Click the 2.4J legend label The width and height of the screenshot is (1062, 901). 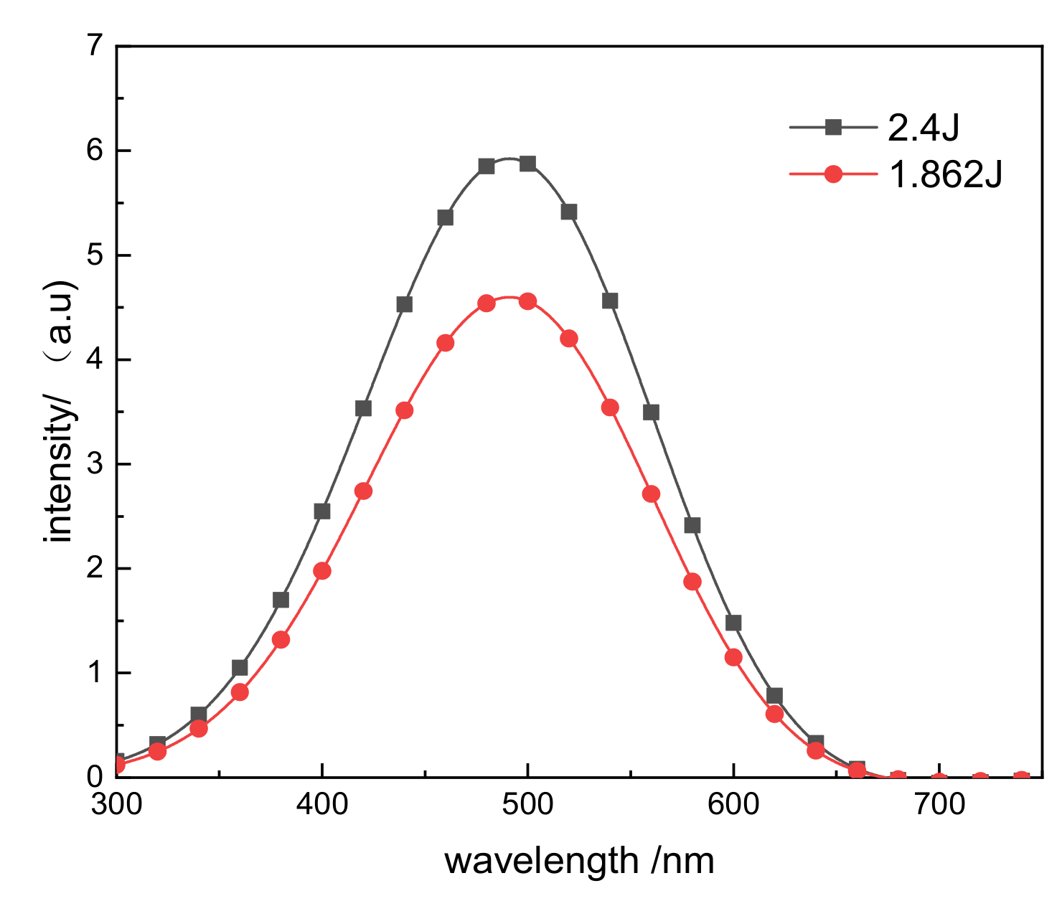tap(924, 128)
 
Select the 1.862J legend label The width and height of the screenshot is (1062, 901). tap(945, 174)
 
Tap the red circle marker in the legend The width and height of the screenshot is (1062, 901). tap(833, 174)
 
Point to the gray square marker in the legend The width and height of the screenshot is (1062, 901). tap(833, 128)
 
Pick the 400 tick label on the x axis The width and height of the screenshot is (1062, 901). tap(322, 805)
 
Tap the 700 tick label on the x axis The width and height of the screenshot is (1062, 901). tap(939, 805)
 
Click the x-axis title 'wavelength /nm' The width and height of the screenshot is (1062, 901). tap(579, 861)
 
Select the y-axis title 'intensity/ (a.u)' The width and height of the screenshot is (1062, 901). tap(60, 412)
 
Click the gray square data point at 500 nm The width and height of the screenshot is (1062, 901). tap(528, 164)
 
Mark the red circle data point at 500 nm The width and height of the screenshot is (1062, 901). tap(527, 301)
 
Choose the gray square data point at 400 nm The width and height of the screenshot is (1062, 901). tap(322, 511)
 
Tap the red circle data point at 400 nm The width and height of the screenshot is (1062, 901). tap(322, 571)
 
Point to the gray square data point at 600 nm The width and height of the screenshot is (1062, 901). tap(733, 623)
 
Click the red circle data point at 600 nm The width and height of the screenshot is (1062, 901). tap(733, 657)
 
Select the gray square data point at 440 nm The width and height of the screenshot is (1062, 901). tap(404, 305)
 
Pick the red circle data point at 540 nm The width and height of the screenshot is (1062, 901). tap(610, 407)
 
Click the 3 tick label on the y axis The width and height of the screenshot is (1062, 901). tap(95, 465)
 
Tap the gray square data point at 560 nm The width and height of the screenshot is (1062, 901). tap(651, 412)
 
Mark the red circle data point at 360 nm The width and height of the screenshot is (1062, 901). tap(240, 692)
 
